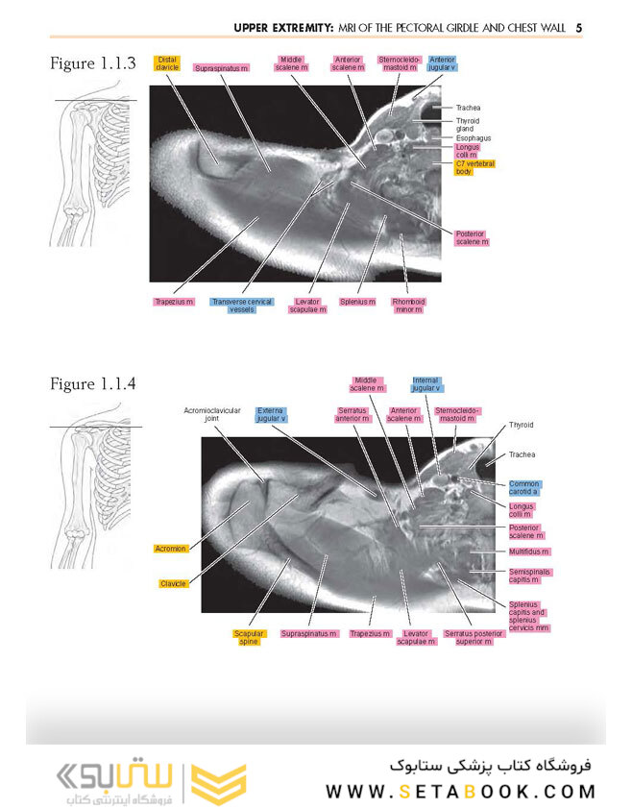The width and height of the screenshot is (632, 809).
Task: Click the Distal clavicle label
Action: (x=166, y=63)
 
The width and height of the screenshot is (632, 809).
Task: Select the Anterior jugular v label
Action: (x=442, y=63)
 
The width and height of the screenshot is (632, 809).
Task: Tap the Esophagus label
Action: (x=474, y=138)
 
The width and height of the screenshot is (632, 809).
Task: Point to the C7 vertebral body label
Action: (x=474, y=168)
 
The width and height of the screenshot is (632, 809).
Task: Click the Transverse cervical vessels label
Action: (x=241, y=306)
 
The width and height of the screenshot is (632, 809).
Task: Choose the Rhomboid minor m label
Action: (x=408, y=306)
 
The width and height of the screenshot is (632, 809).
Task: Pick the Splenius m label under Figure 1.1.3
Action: (x=357, y=302)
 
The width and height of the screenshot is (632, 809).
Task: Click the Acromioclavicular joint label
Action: (x=212, y=414)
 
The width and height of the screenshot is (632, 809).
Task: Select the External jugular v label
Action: (x=271, y=414)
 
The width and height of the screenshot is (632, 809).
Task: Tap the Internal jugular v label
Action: (x=425, y=384)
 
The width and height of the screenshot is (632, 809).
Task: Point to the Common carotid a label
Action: (x=524, y=487)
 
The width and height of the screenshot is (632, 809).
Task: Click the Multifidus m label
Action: (x=529, y=552)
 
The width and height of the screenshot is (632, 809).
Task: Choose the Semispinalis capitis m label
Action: (x=529, y=576)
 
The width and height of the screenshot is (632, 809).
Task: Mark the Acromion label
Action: (x=170, y=549)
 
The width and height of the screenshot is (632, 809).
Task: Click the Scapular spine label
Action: (x=249, y=637)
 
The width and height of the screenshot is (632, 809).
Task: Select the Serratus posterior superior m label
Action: (x=474, y=637)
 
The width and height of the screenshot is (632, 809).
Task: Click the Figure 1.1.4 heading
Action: (x=93, y=384)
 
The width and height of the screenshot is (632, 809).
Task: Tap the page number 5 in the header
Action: (x=579, y=28)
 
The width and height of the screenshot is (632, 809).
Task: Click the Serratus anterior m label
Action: (x=352, y=414)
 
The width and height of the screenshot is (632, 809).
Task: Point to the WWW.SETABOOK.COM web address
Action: (x=461, y=792)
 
